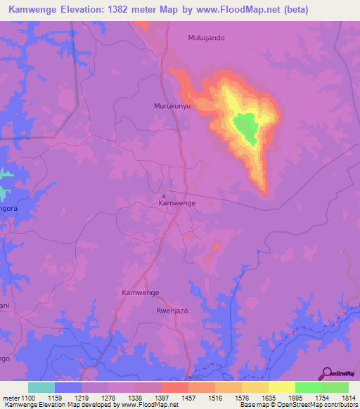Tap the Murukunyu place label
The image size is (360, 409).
[x=172, y=106]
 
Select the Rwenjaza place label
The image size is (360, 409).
[x=174, y=309]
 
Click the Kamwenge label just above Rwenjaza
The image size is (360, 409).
[x=140, y=292]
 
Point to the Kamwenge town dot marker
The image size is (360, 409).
[x=164, y=196]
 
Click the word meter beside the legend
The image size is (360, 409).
[x=10, y=397]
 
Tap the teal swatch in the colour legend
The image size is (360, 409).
[x=41, y=387]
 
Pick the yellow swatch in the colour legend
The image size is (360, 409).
[x=281, y=387]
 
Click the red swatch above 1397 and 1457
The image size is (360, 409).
[x=174, y=387]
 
